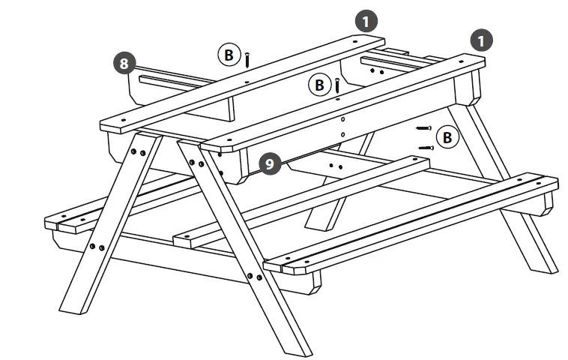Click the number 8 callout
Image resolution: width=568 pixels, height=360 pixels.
[125, 62]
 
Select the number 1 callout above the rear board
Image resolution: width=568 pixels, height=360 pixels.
[366, 21]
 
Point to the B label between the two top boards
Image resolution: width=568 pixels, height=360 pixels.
[320, 85]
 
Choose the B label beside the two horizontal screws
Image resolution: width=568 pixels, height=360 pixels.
[447, 137]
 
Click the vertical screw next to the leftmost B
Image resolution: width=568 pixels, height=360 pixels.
[247, 57]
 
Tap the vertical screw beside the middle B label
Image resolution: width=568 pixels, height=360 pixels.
[338, 85]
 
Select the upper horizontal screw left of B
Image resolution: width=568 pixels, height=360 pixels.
[424, 129]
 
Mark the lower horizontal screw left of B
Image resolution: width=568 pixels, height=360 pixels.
[426, 148]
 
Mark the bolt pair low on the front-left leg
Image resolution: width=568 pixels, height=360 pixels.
[97, 247]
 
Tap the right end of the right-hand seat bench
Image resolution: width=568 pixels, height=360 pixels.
[552, 184]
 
